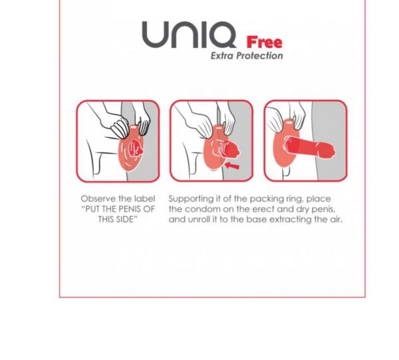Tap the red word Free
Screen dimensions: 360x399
point(264,42)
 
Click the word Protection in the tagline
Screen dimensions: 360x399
point(261,56)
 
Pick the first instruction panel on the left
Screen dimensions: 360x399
point(118,141)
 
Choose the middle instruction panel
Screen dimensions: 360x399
point(211,141)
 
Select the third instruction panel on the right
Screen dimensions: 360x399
point(305,141)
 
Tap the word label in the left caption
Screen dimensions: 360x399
point(144,199)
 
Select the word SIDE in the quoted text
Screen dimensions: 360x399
point(126,219)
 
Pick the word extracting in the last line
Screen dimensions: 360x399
point(289,219)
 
